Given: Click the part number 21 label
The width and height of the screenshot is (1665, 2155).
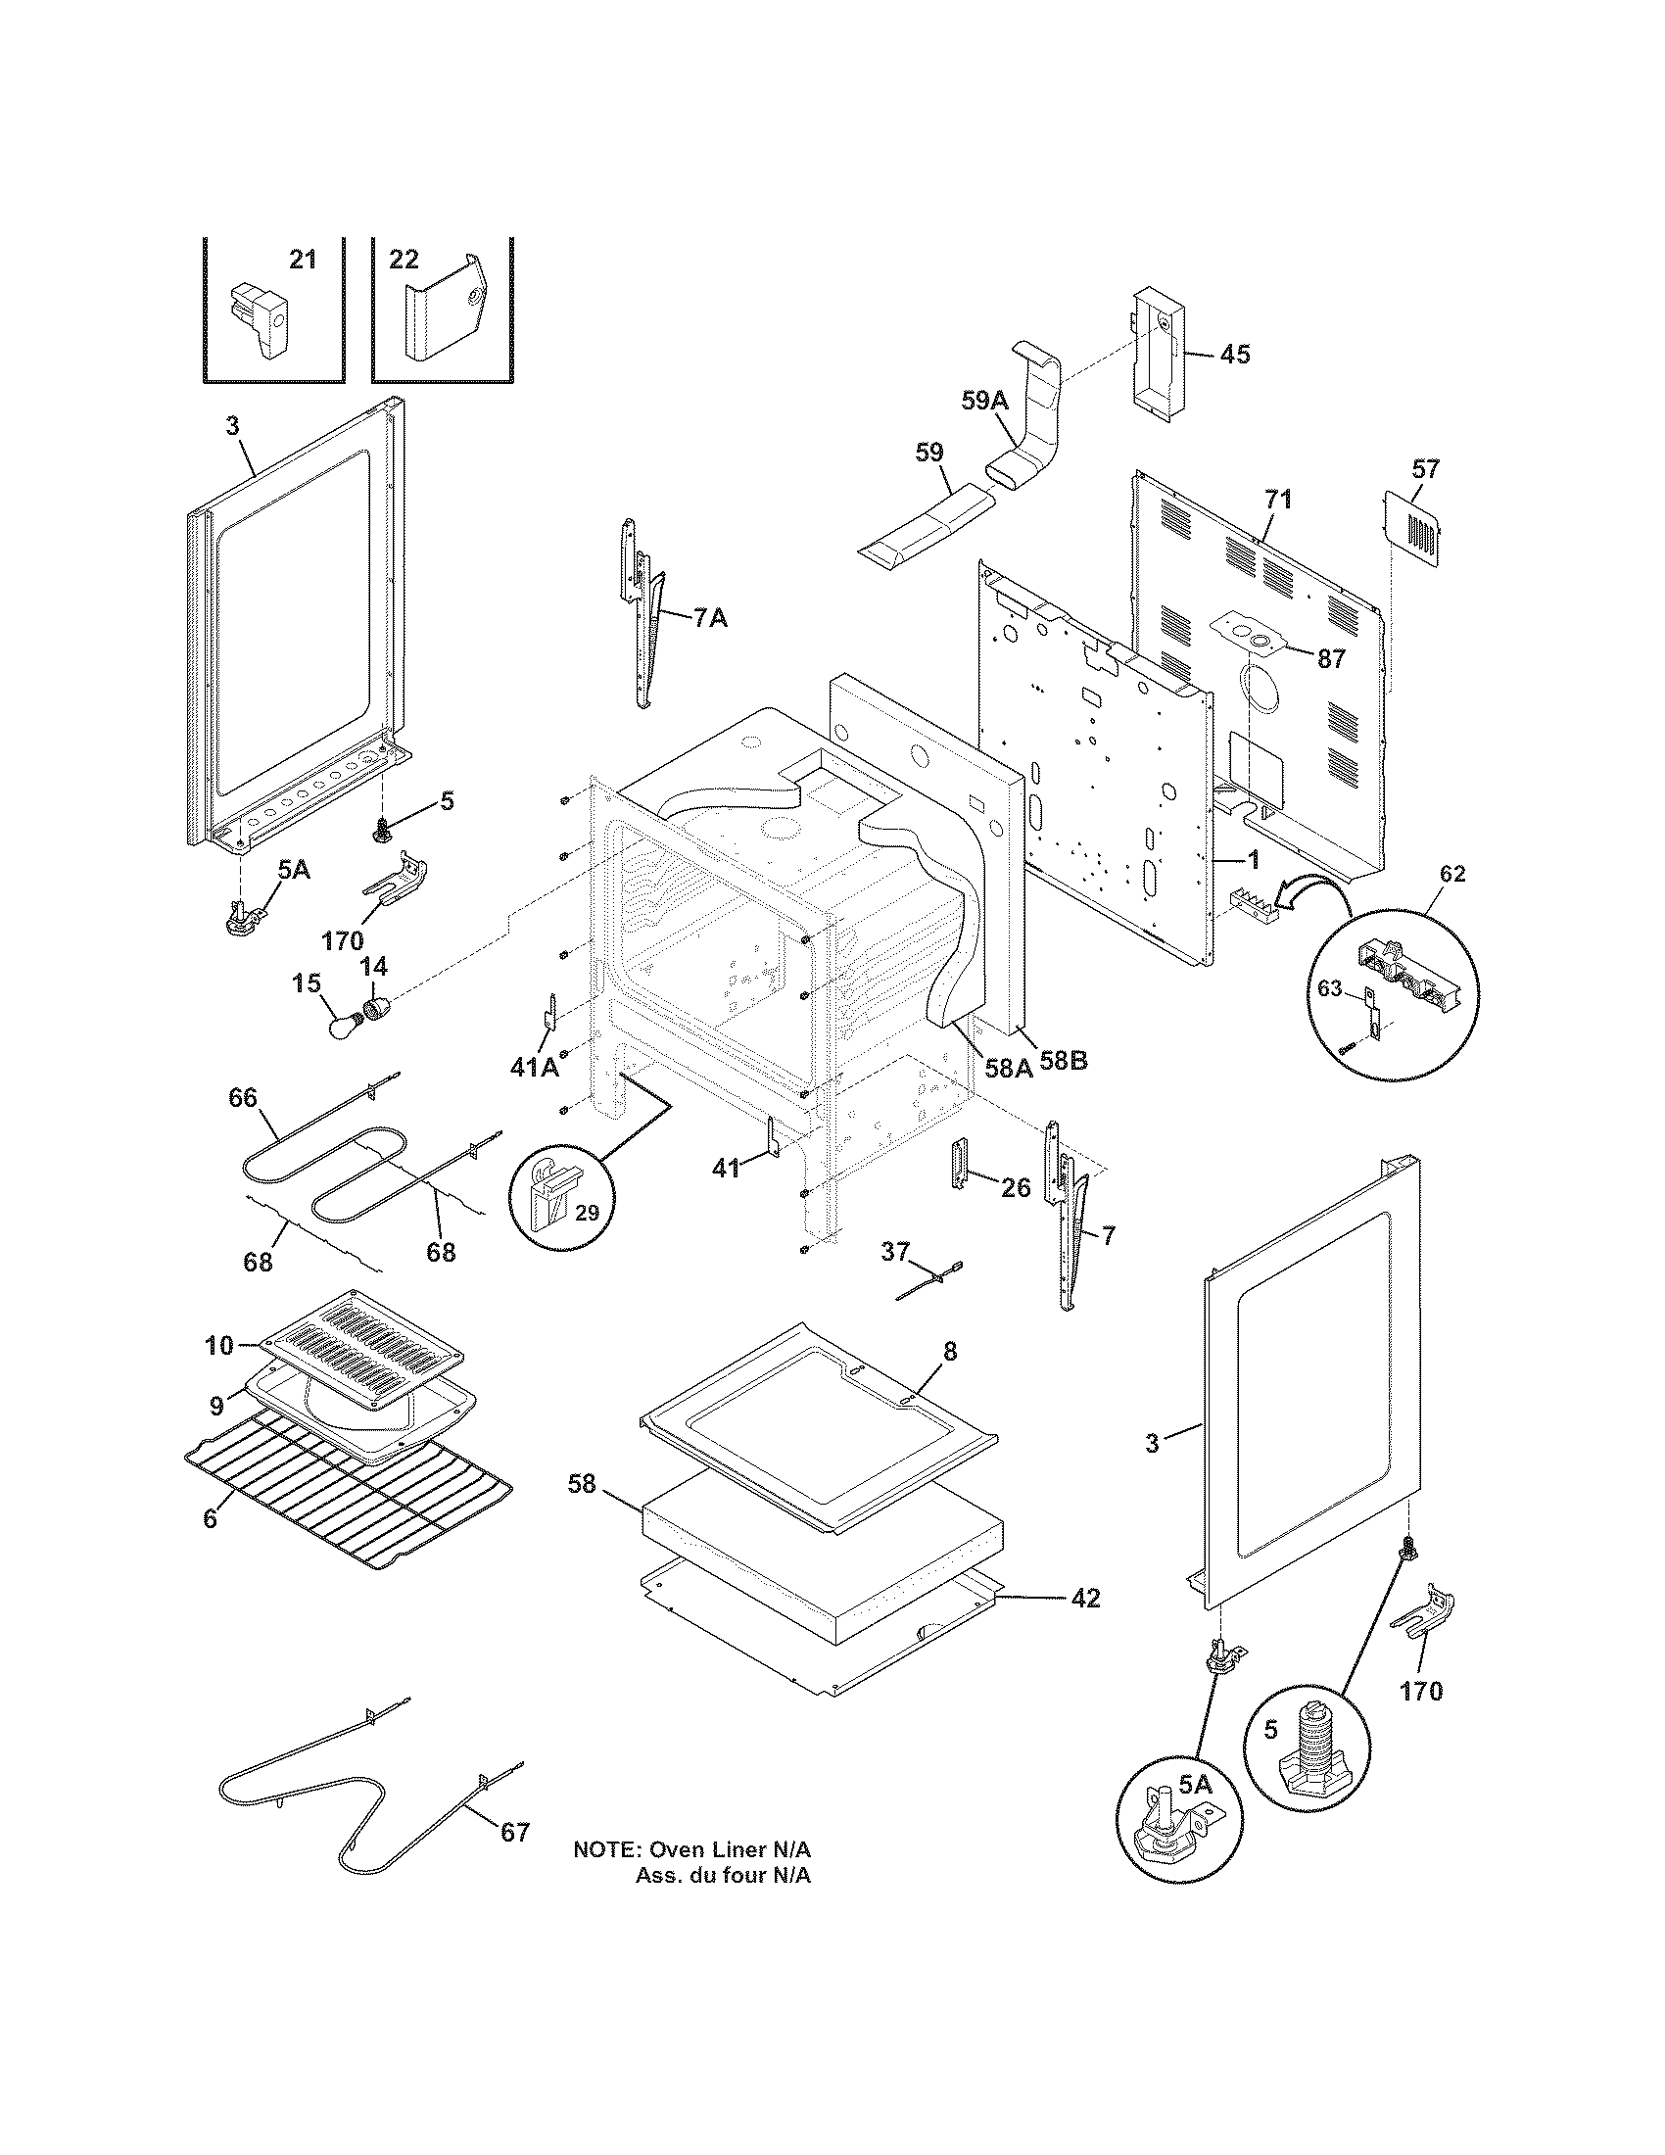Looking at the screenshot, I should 303,260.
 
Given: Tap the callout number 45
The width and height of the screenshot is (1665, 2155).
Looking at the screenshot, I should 1234,354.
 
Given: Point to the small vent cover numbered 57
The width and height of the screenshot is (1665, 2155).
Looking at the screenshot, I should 1412,531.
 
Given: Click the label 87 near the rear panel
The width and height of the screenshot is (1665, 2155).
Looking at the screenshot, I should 1332,659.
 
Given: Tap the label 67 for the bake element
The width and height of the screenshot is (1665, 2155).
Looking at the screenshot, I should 515,1833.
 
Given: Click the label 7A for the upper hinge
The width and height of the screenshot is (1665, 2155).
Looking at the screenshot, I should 710,619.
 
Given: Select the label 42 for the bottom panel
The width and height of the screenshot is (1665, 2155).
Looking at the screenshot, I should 1085,1599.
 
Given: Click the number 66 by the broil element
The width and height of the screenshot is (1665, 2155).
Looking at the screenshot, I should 243,1097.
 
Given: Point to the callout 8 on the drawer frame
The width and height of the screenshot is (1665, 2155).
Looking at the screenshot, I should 949,1352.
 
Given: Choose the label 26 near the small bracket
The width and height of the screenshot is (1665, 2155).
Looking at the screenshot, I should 1016,1187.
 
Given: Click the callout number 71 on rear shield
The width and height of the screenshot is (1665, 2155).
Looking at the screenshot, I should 1277,500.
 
